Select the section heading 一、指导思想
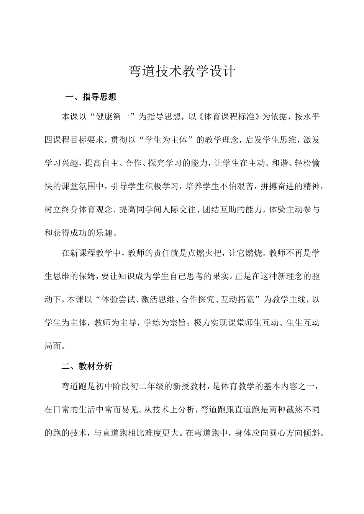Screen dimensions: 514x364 tap(91, 97)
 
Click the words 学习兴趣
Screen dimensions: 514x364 tap(61, 164)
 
